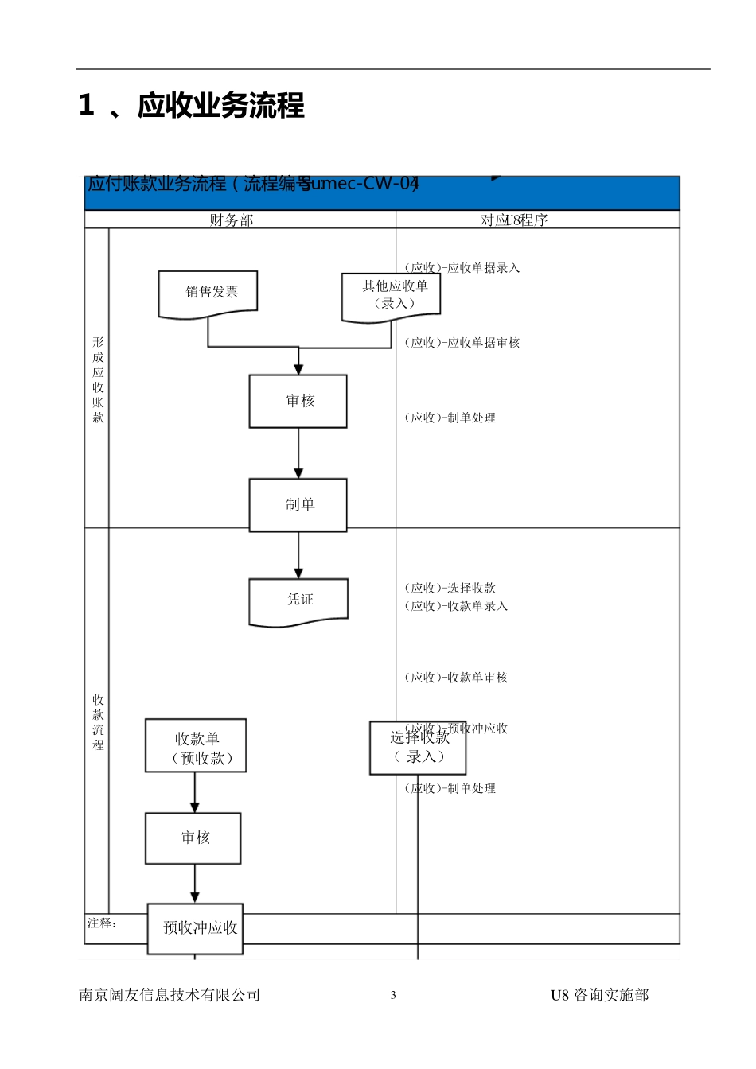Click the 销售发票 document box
[x=208, y=293]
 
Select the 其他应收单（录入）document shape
[x=391, y=297]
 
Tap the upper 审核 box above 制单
[x=298, y=401]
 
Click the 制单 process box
[x=298, y=505]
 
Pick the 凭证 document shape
[x=298, y=601]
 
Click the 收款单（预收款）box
[x=196, y=746]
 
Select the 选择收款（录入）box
[x=418, y=748]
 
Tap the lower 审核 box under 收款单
[x=193, y=838]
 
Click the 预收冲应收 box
[x=196, y=928]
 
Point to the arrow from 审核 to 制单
[x=298, y=453]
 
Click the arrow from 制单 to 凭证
[x=298, y=555]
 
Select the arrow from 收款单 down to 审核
[x=195, y=792]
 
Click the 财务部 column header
[x=232, y=220]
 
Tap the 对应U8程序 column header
[x=514, y=220]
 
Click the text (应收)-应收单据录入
[x=462, y=268]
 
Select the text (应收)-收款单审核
[x=456, y=678]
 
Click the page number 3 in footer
[x=393, y=995]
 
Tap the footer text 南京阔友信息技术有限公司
[x=170, y=995]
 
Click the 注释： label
[x=102, y=923]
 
